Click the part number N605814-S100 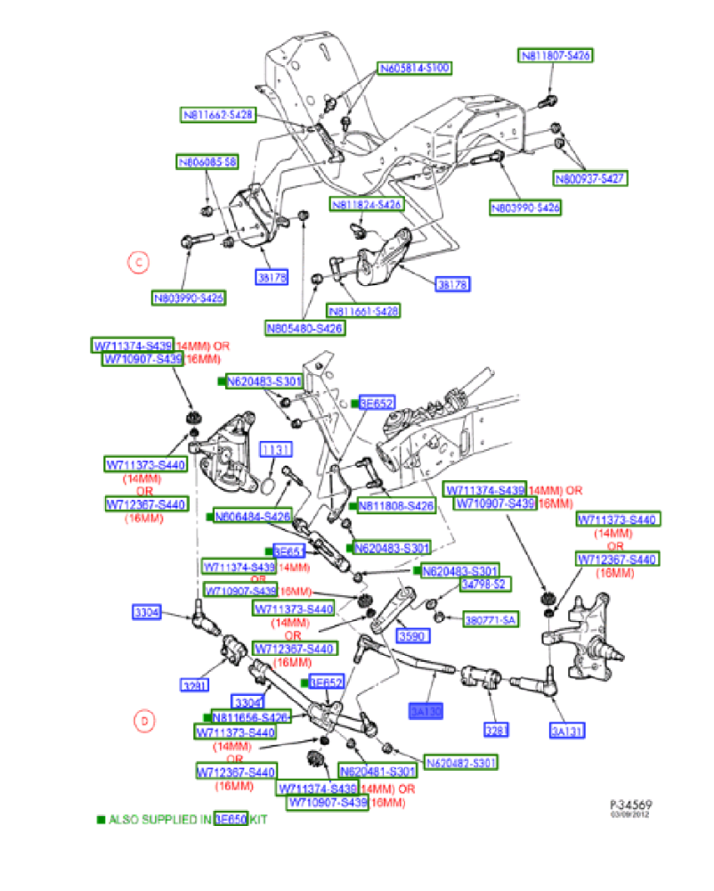pyautogui.click(x=416, y=68)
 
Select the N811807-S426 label pyautogui.click(x=556, y=55)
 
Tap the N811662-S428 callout pyautogui.click(x=219, y=114)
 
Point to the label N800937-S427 pyautogui.click(x=591, y=178)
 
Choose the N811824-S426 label pyautogui.click(x=367, y=204)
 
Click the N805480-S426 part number pyautogui.click(x=304, y=328)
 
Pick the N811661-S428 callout pyautogui.click(x=363, y=311)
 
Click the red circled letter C pyautogui.click(x=138, y=262)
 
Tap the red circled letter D pyautogui.click(x=145, y=720)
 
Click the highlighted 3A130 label pyautogui.click(x=426, y=711)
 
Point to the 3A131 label pyautogui.click(x=568, y=732)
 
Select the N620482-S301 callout pyautogui.click(x=460, y=762)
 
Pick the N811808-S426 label pyautogui.click(x=396, y=505)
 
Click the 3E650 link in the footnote pyautogui.click(x=230, y=819)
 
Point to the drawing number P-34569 pyautogui.click(x=629, y=803)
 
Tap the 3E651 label pyautogui.click(x=290, y=551)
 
